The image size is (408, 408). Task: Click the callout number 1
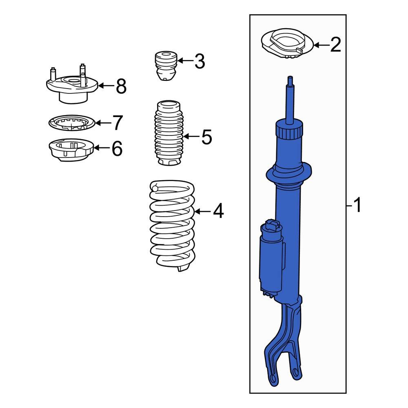(357, 205)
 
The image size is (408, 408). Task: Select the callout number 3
(199, 61)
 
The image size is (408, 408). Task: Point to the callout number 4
(218, 211)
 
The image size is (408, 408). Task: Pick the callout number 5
(206, 137)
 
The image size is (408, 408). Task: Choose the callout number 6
(117, 149)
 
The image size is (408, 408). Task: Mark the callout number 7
(117, 122)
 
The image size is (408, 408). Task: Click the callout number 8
(121, 86)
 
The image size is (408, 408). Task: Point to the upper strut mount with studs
(71, 88)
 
